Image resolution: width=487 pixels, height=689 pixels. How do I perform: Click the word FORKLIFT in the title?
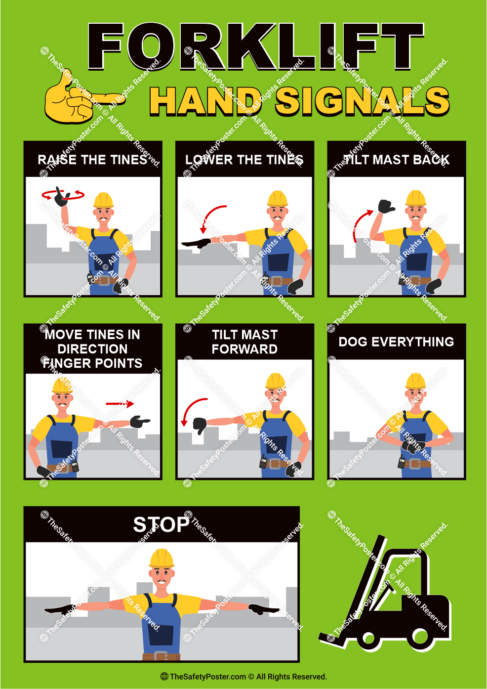[255, 46]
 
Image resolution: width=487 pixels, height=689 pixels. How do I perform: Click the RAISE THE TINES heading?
[93, 160]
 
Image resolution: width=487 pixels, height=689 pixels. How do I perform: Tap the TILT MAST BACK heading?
[396, 160]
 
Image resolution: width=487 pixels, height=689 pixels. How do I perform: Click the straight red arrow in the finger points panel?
[120, 404]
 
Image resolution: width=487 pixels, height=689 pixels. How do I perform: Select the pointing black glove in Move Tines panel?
[139, 422]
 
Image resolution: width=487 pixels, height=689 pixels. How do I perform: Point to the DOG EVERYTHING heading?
[396, 342]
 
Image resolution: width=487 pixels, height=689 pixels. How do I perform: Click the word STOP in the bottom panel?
[161, 524]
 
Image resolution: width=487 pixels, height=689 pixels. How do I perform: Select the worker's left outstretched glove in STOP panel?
[264, 609]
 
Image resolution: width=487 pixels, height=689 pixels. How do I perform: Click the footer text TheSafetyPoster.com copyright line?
[243, 677]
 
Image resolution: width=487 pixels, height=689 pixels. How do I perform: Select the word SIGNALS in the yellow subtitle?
[362, 101]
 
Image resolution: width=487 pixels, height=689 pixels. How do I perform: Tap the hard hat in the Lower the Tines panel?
[278, 198]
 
